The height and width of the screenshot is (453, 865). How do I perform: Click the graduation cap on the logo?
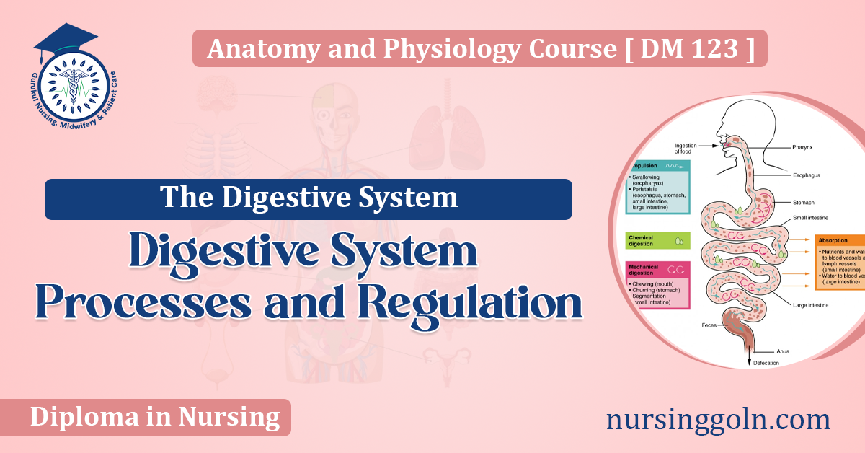(x=65, y=39)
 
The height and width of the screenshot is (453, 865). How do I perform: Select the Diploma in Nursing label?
(x=155, y=417)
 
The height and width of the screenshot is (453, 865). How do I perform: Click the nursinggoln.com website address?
(x=718, y=419)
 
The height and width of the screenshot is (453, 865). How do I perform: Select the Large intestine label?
(x=810, y=305)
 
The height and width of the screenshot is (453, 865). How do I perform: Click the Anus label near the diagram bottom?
(x=781, y=351)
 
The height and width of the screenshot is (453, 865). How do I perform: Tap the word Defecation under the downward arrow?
(x=766, y=363)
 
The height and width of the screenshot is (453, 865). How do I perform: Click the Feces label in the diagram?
(x=709, y=325)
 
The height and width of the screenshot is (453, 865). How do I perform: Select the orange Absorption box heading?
(x=837, y=242)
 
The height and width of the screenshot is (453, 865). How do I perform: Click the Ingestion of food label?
(x=684, y=149)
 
